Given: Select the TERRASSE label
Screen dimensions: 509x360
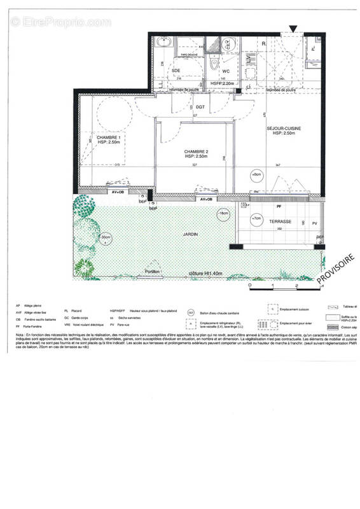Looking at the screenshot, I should click(x=280, y=222).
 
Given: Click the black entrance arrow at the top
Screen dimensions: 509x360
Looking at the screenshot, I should click(x=292, y=29).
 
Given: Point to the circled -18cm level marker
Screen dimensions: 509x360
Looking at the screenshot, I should click(x=222, y=214).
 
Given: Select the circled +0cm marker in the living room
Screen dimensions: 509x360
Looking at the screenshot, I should click(x=256, y=174).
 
